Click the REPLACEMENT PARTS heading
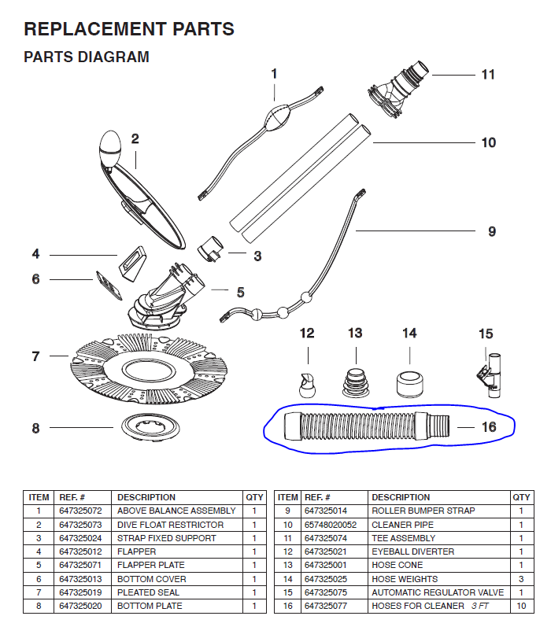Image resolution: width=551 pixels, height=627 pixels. [x=129, y=30]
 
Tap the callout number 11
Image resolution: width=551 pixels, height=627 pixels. [x=488, y=75]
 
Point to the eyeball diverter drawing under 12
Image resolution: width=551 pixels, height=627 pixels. [x=306, y=382]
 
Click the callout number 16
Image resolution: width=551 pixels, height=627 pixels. [x=489, y=427]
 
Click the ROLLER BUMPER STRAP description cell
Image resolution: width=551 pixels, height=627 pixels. [x=423, y=511]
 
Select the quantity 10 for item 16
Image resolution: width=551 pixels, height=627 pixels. [x=520, y=606]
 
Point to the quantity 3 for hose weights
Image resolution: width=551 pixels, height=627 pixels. [x=520, y=579]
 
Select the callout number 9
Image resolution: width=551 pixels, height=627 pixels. [x=492, y=231]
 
